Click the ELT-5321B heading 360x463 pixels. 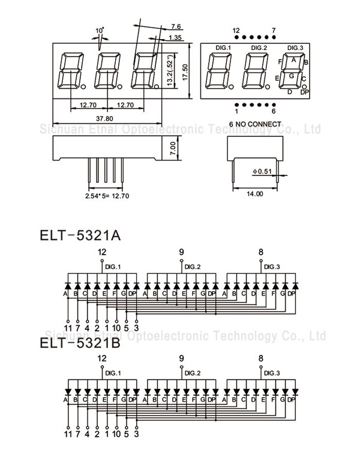(80, 344)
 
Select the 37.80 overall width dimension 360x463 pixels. (107, 118)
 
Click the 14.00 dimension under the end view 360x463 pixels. (255, 194)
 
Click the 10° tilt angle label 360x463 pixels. (99, 30)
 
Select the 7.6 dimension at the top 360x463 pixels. (176, 27)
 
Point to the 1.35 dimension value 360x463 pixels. (176, 38)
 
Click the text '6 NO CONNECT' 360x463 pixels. (255, 124)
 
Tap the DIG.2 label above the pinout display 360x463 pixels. (259, 47)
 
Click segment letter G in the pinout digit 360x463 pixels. (292, 76)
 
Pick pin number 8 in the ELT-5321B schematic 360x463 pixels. (260, 359)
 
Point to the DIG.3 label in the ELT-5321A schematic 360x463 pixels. (272, 267)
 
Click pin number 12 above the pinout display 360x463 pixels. (236, 30)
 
